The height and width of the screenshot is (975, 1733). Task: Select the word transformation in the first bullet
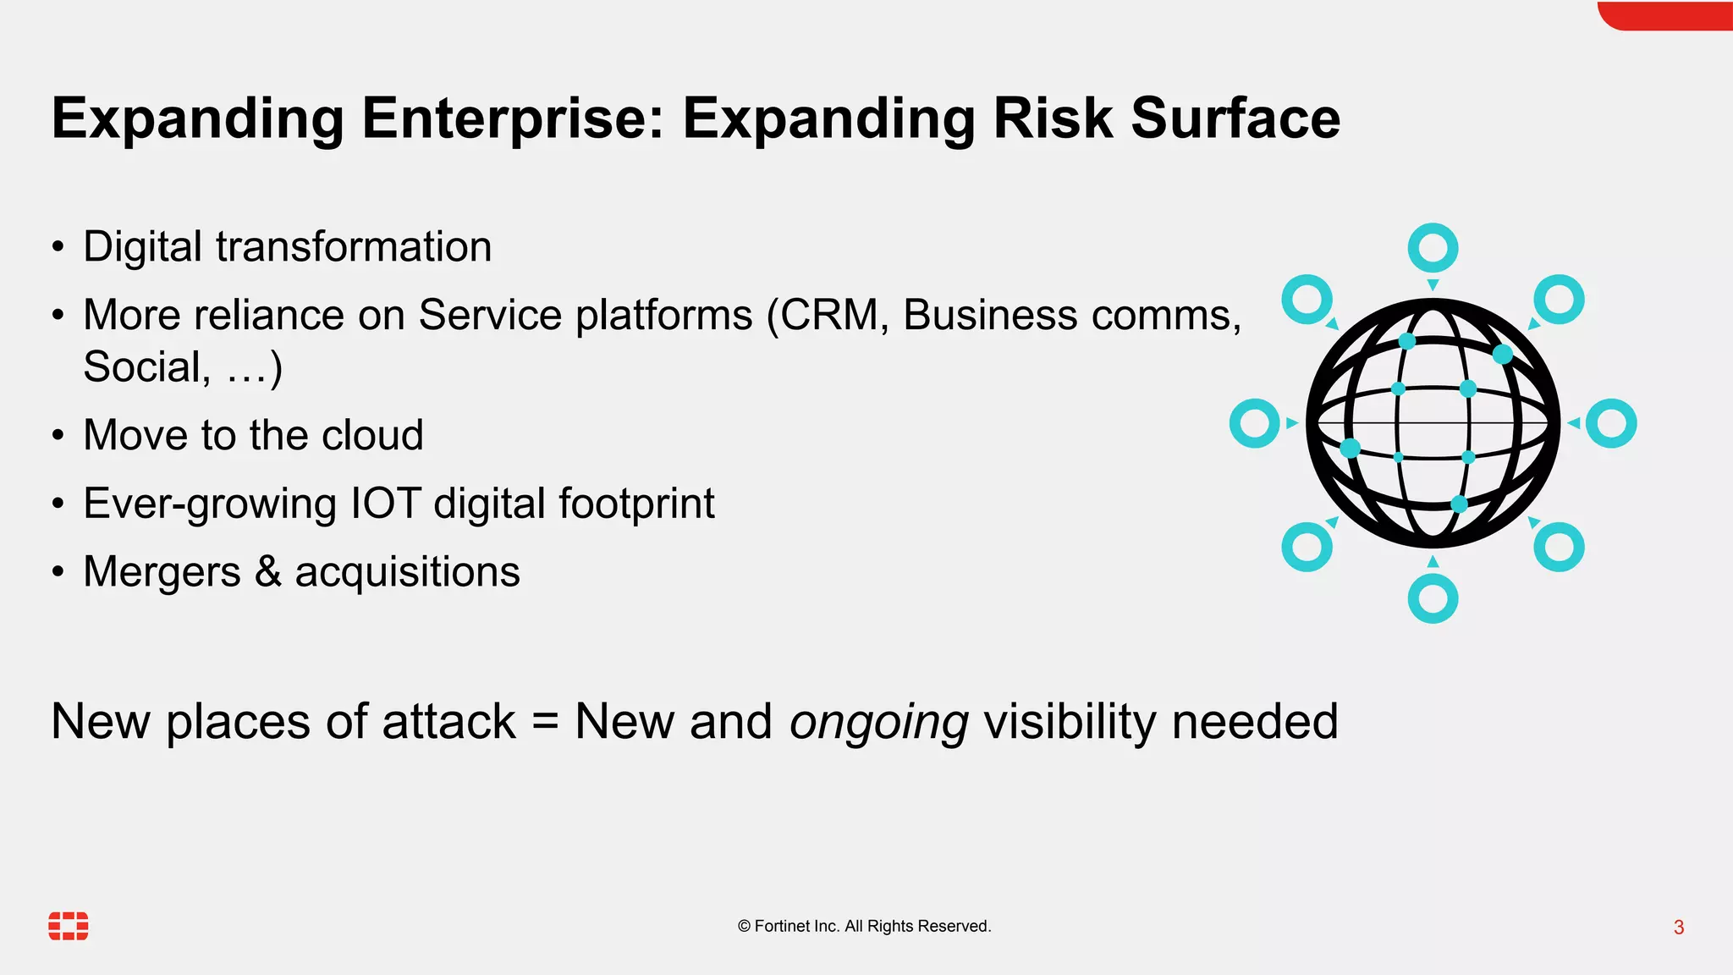coord(354,247)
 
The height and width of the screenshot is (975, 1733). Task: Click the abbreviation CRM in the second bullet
coord(833,316)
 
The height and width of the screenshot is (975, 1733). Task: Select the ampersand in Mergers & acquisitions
coord(267,571)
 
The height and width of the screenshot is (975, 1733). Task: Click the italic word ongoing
coord(878,723)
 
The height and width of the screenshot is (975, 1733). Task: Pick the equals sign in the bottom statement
coord(546,723)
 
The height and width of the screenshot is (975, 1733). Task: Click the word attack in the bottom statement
coord(448,723)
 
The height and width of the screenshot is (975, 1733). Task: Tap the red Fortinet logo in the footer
coord(69,926)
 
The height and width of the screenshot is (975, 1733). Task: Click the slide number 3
coord(1679,928)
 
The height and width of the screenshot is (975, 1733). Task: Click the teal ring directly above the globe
coord(1433,248)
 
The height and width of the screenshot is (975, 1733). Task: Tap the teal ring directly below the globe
coord(1433,598)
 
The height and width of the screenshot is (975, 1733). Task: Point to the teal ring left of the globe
coord(1254,423)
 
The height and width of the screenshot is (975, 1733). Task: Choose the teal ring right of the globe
coord(1611,423)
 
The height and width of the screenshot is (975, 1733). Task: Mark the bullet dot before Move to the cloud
coord(58,436)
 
